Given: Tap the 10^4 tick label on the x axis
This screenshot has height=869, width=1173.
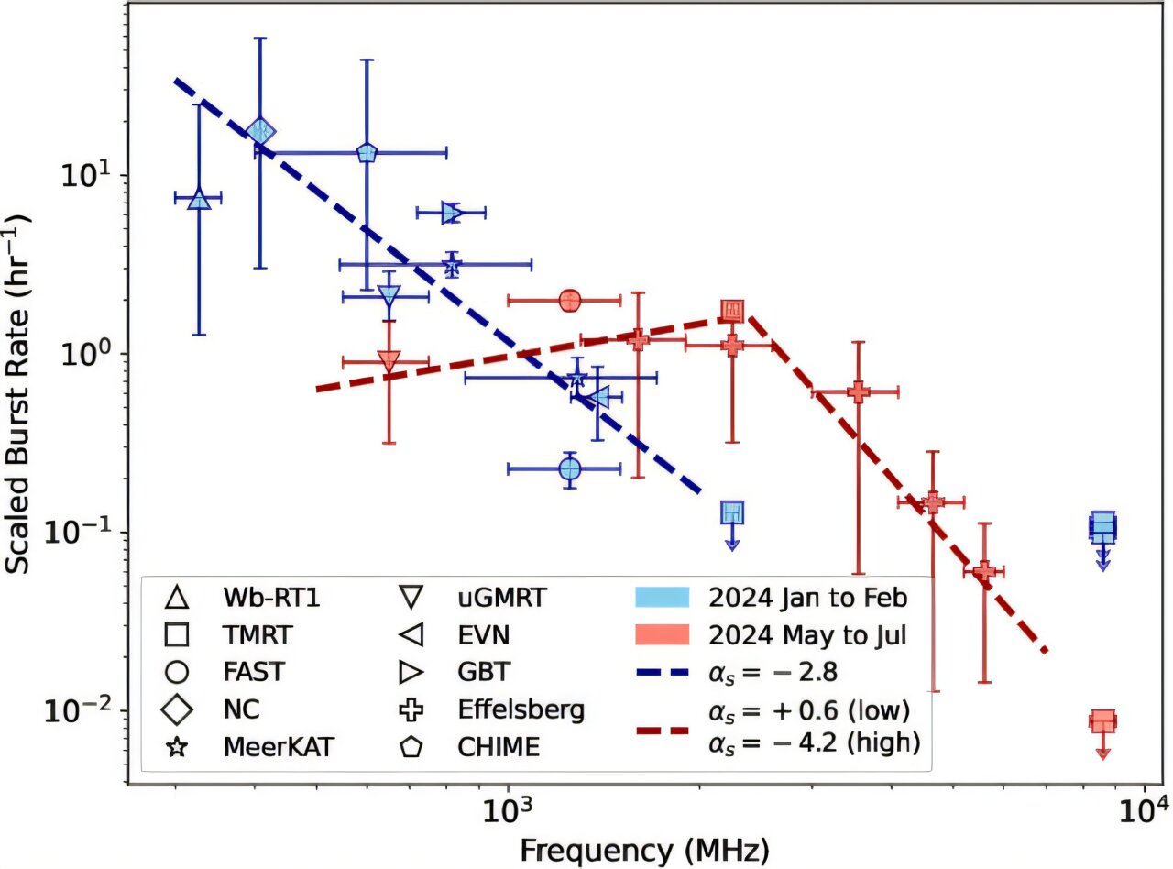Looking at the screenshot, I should tap(1141, 811).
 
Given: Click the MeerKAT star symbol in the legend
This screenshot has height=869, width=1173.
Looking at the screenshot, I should tap(178, 747).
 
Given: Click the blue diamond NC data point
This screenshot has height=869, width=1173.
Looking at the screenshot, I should tap(261, 131).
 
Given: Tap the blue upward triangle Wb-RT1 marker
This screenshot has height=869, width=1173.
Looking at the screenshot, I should tap(199, 199).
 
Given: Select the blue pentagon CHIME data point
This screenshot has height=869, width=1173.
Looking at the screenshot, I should tap(367, 153).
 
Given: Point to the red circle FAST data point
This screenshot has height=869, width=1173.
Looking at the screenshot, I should tap(570, 300).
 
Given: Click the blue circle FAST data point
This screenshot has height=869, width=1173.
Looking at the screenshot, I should tap(570, 468).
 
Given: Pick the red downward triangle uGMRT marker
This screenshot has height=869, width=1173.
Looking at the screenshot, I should tap(389, 360).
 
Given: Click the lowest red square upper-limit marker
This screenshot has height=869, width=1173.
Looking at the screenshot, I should tap(1102, 721).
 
